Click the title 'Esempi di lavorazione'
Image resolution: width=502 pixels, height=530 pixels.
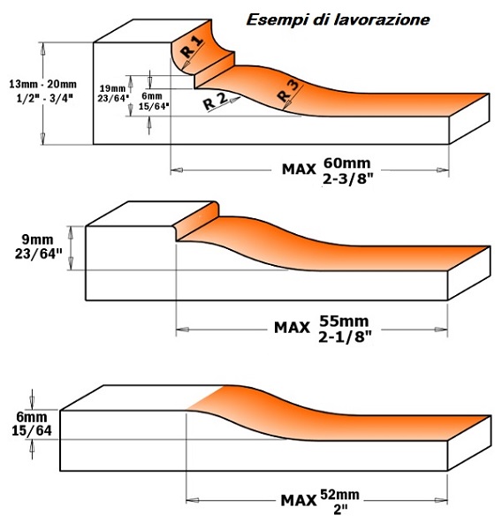tap(338, 20)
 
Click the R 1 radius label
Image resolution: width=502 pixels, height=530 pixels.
tap(192, 47)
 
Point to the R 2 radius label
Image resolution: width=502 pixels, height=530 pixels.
tap(215, 102)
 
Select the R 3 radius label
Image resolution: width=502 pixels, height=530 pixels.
tap(288, 91)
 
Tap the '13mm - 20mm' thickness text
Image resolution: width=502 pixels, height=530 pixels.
tap(43, 84)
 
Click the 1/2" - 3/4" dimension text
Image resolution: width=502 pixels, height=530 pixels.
tap(45, 98)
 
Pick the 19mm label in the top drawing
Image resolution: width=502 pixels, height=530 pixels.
tap(112, 88)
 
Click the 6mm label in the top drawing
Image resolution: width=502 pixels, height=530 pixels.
tap(152, 96)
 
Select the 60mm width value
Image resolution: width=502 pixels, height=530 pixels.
tap(347, 163)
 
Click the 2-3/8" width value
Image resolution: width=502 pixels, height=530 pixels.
tap(347, 178)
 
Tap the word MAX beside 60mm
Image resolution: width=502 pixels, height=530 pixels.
tap(299, 170)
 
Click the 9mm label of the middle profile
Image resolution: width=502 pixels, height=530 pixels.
tap(37, 239)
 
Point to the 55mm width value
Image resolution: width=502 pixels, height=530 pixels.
tap(345, 321)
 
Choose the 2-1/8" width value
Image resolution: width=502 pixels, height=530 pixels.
tap(345, 337)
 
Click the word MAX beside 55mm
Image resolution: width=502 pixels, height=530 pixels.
tap(292, 328)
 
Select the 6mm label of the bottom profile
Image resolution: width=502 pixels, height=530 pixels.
tap(32, 417)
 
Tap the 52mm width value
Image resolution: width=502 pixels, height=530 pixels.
tap(339, 495)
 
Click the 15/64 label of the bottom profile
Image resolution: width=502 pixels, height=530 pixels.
tap(32, 431)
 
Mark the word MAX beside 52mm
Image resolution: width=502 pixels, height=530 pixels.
tap(299, 501)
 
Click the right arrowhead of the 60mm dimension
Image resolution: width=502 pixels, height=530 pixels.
tap(443, 170)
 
